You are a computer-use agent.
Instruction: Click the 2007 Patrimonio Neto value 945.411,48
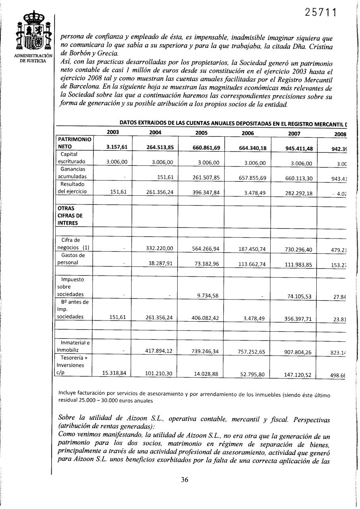coord(299,148)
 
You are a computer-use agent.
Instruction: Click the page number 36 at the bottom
coord(184,480)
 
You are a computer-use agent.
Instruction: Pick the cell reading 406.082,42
coord(206,318)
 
